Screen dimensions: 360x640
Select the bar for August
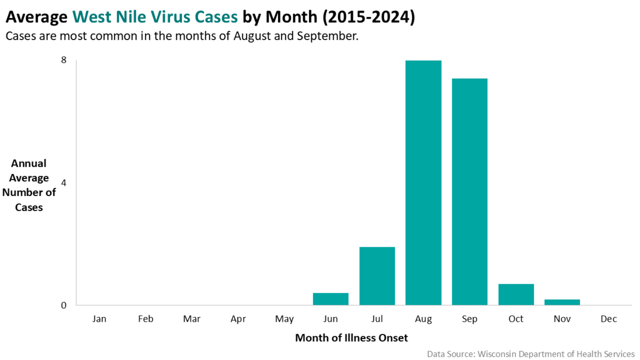(424, 183)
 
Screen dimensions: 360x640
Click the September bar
(470, 192)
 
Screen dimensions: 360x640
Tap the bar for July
(377, 276)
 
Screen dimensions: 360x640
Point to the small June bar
(330, 299)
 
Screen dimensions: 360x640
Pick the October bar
(516, 294)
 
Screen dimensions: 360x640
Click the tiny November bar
(562, 302)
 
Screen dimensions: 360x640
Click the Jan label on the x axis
(99, 319)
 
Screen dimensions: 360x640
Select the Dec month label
(609, 319)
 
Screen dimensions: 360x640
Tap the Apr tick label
(238, 319)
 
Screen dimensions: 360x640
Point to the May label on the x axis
(285, 319)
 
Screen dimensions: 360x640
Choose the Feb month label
(145, 319)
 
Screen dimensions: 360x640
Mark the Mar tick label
(191, 319)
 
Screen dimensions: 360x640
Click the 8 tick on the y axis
(63, 60)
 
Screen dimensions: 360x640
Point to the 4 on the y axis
(63, 183)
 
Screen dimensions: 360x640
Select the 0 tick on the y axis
(63, 305)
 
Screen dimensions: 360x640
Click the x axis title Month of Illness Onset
(351, 337)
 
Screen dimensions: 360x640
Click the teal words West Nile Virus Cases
(155, 17)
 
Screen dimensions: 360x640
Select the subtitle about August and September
(182, 37)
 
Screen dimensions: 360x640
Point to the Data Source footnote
(531, 354)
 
